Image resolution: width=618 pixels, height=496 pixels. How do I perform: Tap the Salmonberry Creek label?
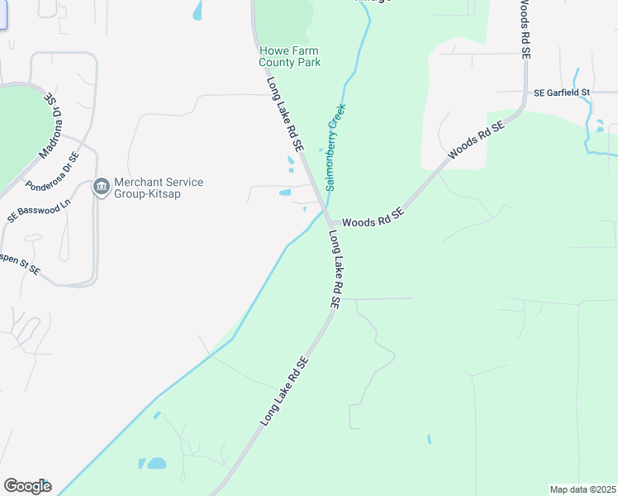click(335, 147)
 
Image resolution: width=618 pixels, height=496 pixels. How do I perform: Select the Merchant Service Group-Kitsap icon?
click(102, 187)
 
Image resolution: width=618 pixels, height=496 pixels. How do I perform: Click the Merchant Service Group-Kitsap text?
click(159, 188)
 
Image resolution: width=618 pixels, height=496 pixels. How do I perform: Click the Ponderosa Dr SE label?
click(52, 171)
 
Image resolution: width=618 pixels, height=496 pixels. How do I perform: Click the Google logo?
click(27, 486)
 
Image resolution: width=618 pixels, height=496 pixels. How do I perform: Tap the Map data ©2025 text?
click(582, 489)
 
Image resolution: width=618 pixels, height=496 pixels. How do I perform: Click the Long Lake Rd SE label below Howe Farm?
click(285, 115)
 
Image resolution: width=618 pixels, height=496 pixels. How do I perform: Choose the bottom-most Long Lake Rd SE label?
click(284, 391)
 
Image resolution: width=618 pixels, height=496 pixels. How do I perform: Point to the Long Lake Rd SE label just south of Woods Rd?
click(335, 269)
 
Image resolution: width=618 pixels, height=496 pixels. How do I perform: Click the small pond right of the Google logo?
click(153, 464)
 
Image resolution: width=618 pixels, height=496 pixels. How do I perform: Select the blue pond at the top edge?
click(197, 10)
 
